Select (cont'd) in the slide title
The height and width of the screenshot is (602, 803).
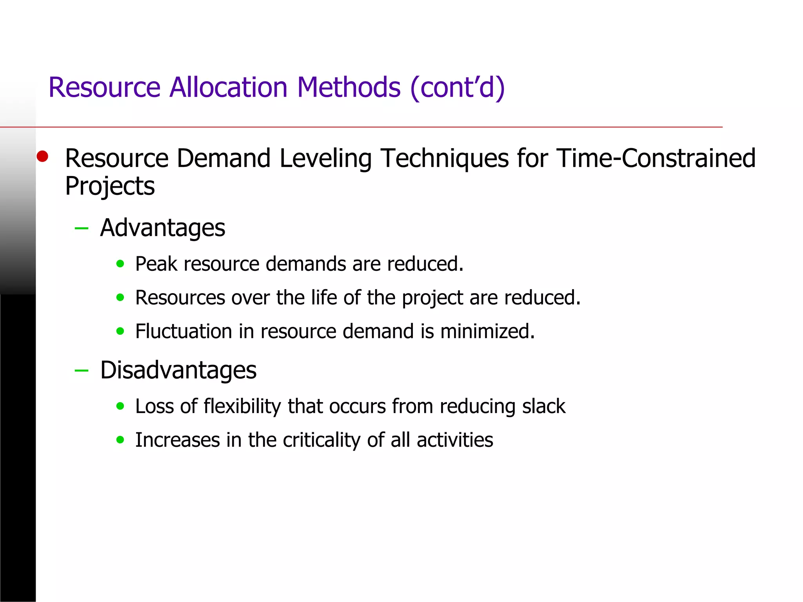[457, 88]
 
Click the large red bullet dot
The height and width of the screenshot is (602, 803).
[42, 156]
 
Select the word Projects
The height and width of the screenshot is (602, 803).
[110, 186]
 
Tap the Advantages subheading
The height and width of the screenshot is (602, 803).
[162, 228]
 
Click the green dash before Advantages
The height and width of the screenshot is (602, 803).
[82, 228]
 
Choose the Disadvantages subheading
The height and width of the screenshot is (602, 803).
[178, 370]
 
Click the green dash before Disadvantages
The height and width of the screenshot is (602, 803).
[82, 370]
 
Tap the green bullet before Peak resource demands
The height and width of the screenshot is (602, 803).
[120, 264]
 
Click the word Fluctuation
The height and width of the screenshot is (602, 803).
[183, 331]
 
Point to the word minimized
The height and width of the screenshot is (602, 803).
[487, 331]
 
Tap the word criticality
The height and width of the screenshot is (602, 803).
[322, 440]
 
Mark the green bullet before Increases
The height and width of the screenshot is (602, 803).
[120, 440]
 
